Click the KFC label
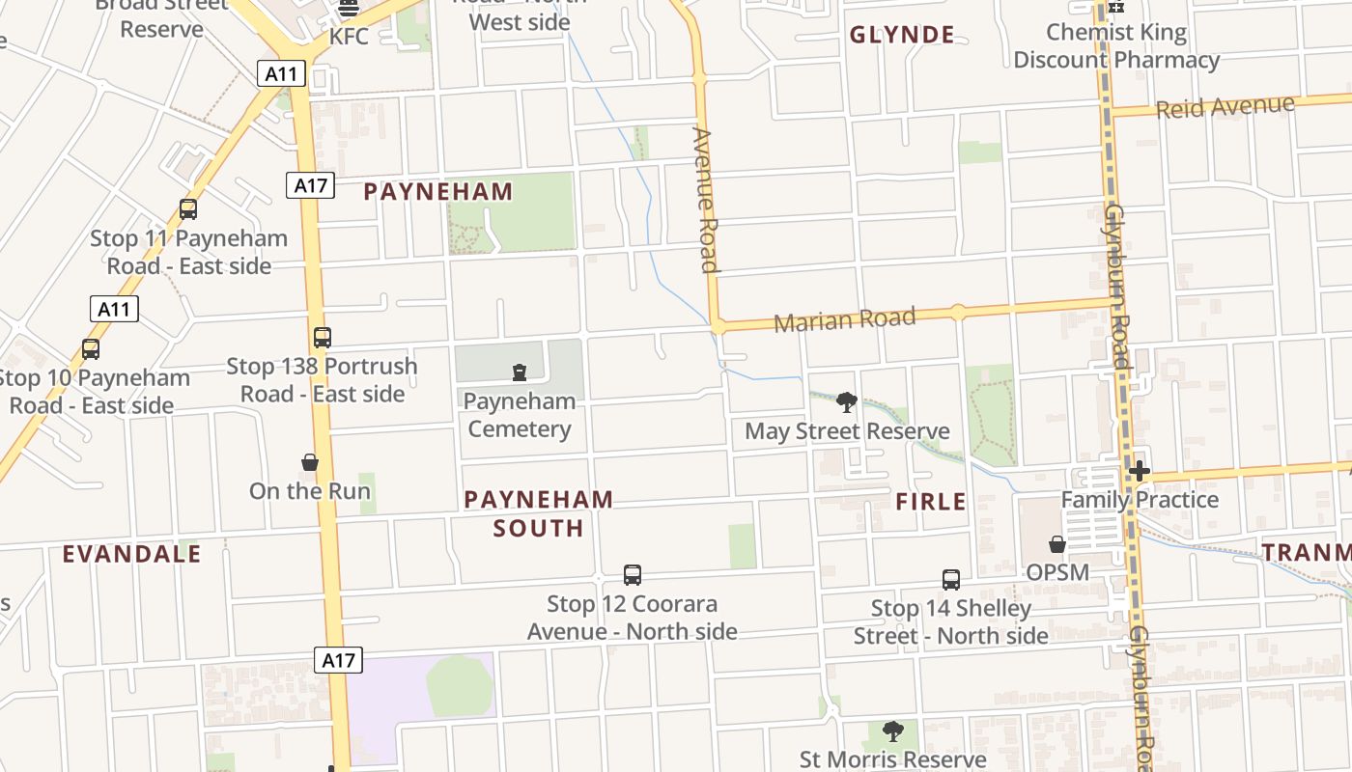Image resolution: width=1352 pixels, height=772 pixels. tap(349, 37)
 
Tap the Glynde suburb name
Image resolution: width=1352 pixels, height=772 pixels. tap(902, 36)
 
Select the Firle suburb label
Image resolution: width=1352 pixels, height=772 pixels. tap(931, 502)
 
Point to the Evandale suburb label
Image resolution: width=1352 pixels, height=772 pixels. tap(132, 554)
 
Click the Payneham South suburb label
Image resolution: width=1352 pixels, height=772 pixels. tap(538, 513)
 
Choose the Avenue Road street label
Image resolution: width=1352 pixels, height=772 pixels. tap(706, 201)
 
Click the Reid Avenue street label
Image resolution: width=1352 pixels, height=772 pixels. tap(1225, 106)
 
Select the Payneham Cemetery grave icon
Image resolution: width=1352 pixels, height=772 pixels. tap(520, 372)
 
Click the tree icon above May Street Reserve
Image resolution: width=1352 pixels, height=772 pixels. tap(847, 402)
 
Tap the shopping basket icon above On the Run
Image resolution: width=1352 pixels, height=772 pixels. tap(310, 462)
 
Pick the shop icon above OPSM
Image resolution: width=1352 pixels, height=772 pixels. tap(1057, 544)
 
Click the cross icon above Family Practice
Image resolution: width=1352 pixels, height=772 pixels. tap(1140, 471)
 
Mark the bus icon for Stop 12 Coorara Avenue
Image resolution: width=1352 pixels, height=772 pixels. tap(633, 575)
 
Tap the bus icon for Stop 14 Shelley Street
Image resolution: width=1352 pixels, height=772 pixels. tap(951, 580)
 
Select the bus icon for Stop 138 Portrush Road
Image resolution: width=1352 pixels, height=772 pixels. tap(323, 338)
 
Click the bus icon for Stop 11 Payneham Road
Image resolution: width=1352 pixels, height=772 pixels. tap(188, 209)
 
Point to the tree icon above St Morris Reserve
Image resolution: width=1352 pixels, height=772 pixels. tap(893, 731)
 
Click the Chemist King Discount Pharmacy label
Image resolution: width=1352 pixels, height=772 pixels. tap(1116, 45)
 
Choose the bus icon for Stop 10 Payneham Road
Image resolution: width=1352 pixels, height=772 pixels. tap(91, 349)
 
